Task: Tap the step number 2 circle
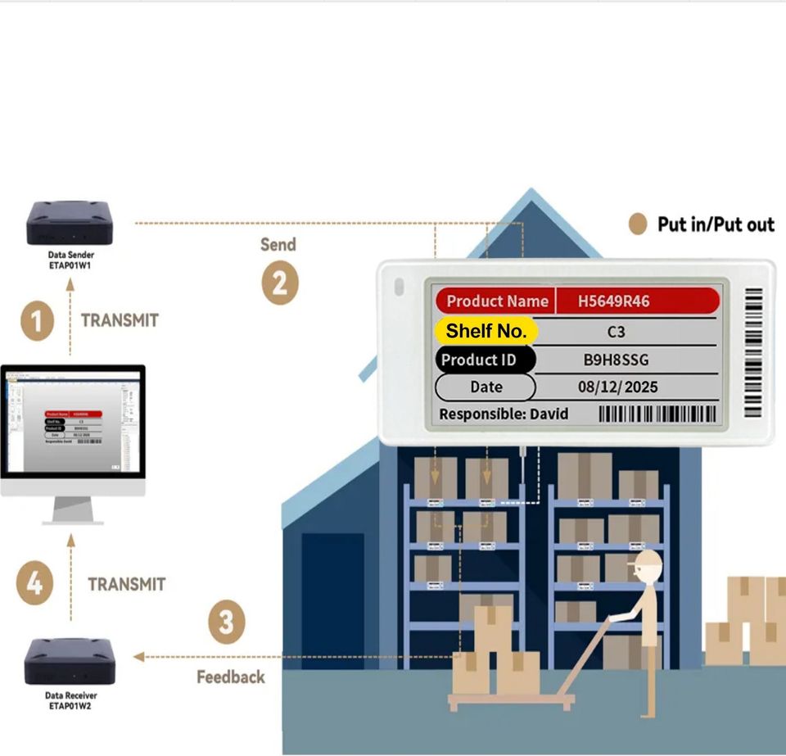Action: coord(279,283)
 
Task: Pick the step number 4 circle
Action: coord(34,584)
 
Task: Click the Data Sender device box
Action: coord(70,222)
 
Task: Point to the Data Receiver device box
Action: coord(69,662)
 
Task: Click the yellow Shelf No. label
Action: coord(486,331)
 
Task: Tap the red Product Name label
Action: coord(496,301)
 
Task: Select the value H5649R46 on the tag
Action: coord(613,301)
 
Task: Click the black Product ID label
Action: coord(485,360)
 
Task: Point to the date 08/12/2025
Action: coord(617,387)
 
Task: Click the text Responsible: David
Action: coord(504,414)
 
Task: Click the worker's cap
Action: coord(646,561)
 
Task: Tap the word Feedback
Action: coord(231,677)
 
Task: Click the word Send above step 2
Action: coord(278,244)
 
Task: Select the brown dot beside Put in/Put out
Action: coord(638,224)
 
